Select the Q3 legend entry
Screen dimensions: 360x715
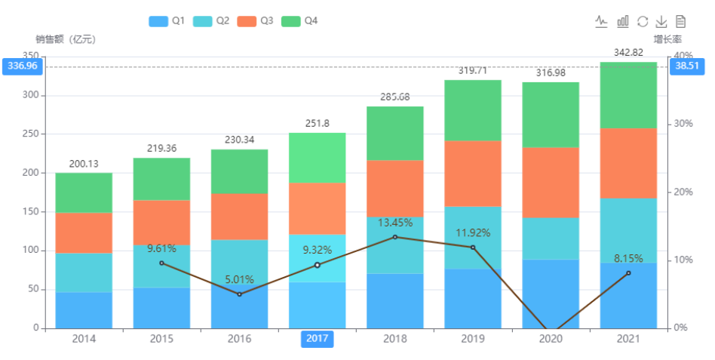coord(255,21)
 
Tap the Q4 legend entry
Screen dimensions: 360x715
coord(299,21)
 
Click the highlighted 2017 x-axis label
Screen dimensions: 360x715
coord(317,339)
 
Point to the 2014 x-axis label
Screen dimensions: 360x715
coord(84,339)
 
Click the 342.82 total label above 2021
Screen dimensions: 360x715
coord(628,52)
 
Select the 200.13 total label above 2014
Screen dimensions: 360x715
coord(84,164)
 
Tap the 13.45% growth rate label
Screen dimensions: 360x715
coord(394,223)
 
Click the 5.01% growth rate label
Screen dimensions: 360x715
coord(240,280)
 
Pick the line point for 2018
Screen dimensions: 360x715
coord(395,237)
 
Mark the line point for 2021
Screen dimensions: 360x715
coord(628,272)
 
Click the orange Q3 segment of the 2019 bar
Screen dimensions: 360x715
coord(473,173)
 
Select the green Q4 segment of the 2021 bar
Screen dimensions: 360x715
coord(628,94)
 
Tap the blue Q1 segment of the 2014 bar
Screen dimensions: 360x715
coord(84,310)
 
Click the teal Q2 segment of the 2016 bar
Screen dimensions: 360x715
coord(239,263)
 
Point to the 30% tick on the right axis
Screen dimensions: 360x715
coord(683,124)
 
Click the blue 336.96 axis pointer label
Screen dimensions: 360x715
coord(22,66)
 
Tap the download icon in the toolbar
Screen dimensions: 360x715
coord(661,21)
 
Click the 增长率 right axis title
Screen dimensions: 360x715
coord(667,39)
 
